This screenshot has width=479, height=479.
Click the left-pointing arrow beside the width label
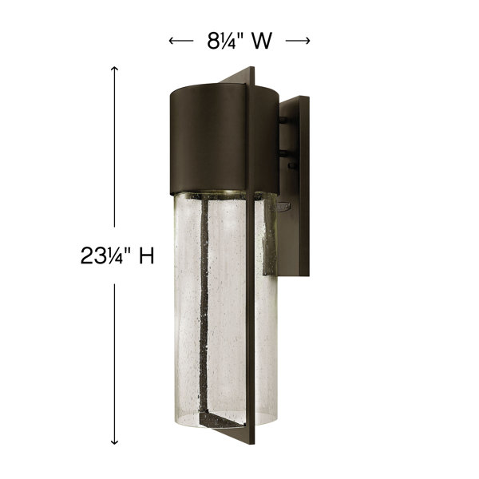181,41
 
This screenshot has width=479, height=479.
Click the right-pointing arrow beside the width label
298,41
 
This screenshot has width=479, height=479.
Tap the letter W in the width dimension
262,41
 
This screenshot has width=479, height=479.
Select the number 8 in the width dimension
212,41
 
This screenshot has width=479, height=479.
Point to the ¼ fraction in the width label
227,41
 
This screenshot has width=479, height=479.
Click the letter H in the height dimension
147,255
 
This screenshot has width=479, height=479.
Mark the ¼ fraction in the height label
113,256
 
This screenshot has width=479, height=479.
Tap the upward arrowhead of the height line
114,69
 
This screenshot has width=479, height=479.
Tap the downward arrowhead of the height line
114,441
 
